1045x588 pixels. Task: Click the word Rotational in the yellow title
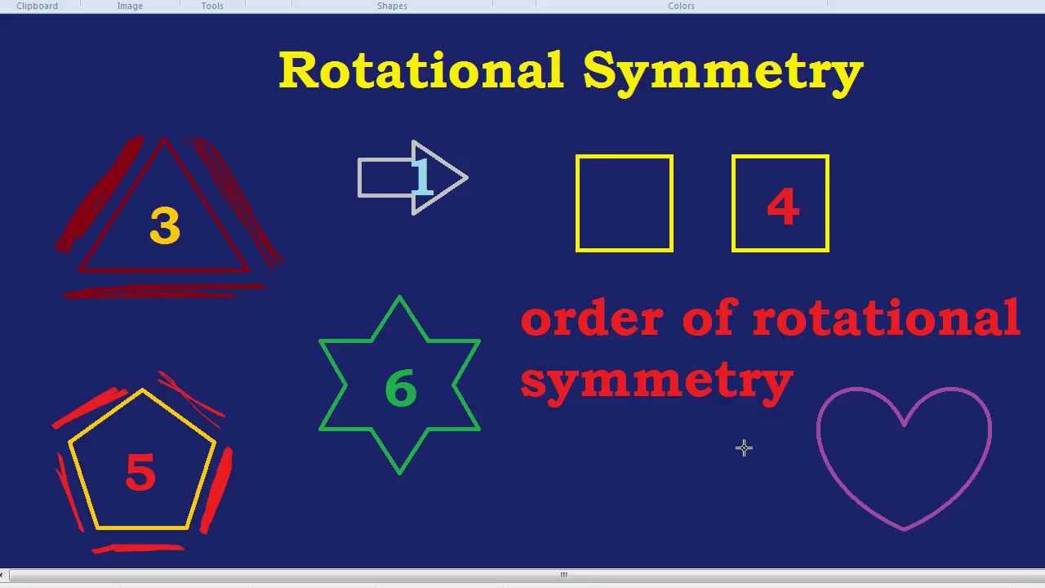pos(420,70)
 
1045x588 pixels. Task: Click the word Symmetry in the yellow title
pos(723,72)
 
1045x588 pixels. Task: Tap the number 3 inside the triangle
pos(165,226)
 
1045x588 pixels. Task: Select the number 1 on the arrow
pos(421,177)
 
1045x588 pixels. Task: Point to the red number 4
pos(783,207)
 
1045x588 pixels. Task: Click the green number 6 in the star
pos(400,388)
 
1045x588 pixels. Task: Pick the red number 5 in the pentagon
pos(140,473)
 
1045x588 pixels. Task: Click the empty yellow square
pos(625,203)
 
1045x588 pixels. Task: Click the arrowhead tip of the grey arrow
pos(465,177)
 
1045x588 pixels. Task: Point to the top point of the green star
pos(399,299)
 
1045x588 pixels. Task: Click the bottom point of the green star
pos(399,471)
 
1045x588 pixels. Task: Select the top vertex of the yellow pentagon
pos(143,391)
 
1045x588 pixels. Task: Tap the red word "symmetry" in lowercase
pos(656,381)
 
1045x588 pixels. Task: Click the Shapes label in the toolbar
pos(392,6)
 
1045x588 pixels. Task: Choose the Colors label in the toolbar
pos(681,6)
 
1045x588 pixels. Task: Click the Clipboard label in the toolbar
pos(38,6)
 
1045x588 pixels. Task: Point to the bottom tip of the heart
pos(905,528)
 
